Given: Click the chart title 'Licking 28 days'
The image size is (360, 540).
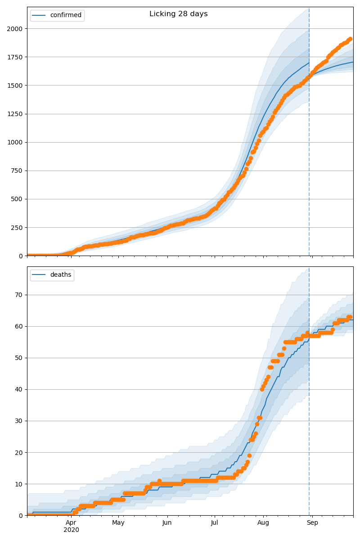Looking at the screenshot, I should tap(179, 14).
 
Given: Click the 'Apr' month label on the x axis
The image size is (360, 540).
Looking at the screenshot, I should tap(71, 523).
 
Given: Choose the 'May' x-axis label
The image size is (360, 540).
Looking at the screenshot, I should tap(118, 523).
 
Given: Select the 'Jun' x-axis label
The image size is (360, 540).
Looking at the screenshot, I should tap(167, 523).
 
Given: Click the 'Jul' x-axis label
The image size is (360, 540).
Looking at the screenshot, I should tap(214, 523).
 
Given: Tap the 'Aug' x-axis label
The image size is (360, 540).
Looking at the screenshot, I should tap(263, 523).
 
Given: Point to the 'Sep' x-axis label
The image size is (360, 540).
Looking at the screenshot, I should tap(312, 523).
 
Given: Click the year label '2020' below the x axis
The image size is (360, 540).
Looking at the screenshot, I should tap(71, 530).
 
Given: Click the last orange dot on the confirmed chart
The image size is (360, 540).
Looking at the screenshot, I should tap(350, 39).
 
